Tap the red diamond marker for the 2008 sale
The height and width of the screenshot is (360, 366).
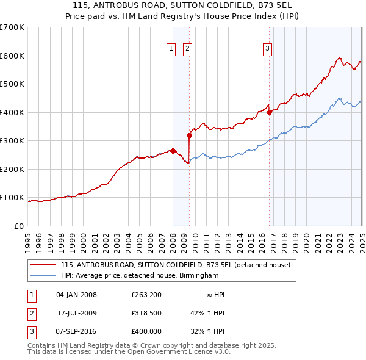coord(173,151)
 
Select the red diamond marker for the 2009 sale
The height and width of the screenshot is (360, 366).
coord(189,135)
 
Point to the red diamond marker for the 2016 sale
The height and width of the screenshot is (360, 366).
coord(269,112)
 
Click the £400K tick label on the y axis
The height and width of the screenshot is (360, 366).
coord(12,112)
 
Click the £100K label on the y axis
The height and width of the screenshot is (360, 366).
coord(12,198)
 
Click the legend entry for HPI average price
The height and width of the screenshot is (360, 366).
coord(139,275)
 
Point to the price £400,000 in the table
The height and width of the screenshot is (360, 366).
coord(146,331)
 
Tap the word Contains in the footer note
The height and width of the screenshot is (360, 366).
coord(42,346)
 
